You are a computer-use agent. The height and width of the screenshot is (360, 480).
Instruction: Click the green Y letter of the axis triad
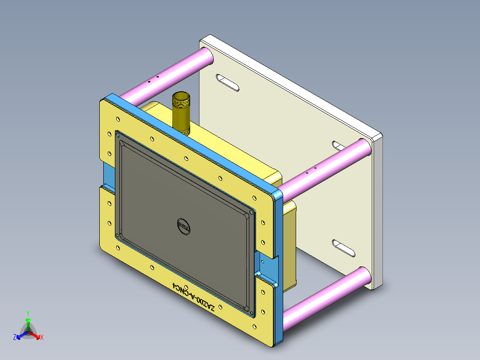(28, 313)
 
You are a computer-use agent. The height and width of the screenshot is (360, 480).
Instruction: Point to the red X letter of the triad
(42, 338)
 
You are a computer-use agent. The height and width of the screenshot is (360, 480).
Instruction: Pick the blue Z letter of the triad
(15, 338)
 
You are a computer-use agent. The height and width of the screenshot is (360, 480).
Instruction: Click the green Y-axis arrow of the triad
(28, 324)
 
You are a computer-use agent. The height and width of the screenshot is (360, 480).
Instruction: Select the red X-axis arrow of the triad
(36, 335)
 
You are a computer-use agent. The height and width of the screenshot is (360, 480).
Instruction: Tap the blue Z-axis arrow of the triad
(20, 335)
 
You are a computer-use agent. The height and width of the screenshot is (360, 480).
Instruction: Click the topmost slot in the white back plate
(228, 83)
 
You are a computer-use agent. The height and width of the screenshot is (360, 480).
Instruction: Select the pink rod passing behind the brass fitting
(165, 76)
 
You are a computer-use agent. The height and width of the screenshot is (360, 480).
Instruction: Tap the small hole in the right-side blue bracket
(263, 262)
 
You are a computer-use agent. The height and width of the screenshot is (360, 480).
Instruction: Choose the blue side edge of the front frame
(279, 267)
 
